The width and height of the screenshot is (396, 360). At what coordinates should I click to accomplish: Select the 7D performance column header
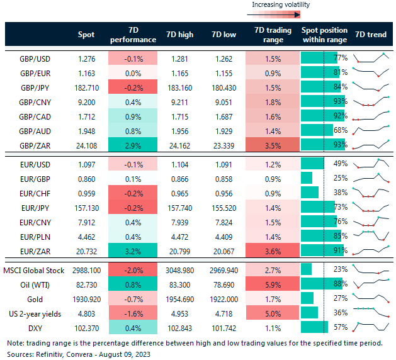point(133,35)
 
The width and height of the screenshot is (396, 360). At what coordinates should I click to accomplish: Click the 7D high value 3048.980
point(180,269)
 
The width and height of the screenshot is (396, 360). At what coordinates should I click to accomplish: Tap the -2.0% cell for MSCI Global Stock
point(133,269)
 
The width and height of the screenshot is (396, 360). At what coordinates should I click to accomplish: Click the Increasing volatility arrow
point(280,13)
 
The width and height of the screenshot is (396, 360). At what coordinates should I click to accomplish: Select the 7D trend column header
point(371,35)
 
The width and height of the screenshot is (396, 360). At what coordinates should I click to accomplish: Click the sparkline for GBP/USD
point(371,59)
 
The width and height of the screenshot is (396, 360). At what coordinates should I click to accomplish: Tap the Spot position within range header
point(324,35)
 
